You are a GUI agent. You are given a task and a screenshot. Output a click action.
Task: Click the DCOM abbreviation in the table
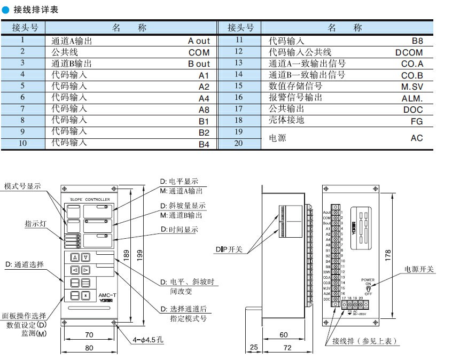click(409, 52)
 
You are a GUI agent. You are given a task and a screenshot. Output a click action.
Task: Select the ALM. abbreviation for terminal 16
click(412, 98)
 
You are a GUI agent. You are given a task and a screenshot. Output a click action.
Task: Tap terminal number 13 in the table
click(239, 63)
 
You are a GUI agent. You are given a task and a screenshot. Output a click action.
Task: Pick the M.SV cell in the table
click(412, 87)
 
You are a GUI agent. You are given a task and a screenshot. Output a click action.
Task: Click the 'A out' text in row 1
click(199, 41)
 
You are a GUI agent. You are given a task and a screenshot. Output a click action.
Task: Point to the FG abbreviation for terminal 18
click(416, 121)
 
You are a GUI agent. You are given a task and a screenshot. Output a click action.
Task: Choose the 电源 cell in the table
click(277, 138)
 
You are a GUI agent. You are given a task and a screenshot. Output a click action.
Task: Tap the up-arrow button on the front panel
click(75, 257)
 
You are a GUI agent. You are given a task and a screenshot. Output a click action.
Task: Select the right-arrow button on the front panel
click(85, 270)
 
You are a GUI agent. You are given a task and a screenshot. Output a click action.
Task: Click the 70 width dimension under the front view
click(89, 335)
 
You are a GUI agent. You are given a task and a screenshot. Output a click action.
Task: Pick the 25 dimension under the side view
click(254, 348)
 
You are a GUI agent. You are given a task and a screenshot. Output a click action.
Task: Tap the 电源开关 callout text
click(419, 269)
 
